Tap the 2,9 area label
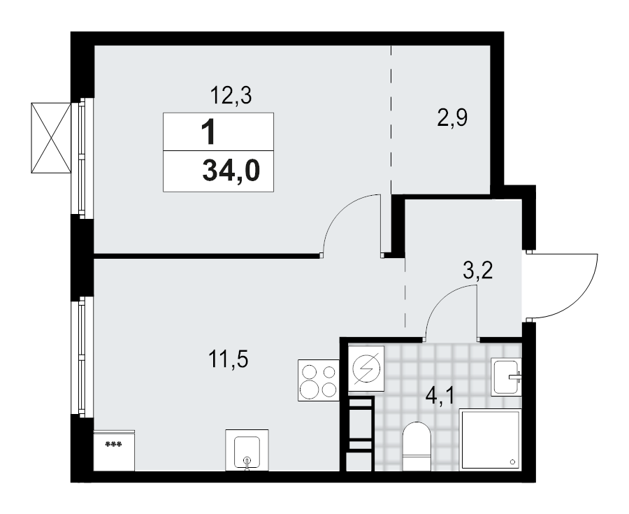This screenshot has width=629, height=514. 452,118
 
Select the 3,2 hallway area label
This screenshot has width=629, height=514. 478,271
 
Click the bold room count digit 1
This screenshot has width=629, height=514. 208,131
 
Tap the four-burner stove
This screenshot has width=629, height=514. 319,380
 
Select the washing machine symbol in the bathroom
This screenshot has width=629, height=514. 367,369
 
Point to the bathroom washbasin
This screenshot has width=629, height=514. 507,376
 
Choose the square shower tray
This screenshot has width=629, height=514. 490,440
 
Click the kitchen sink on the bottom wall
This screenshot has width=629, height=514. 247,450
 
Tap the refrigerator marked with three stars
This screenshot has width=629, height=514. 114,450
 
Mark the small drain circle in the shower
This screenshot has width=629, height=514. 512,462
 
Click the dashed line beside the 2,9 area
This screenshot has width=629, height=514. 391,119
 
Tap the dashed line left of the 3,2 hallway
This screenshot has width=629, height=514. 405,294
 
